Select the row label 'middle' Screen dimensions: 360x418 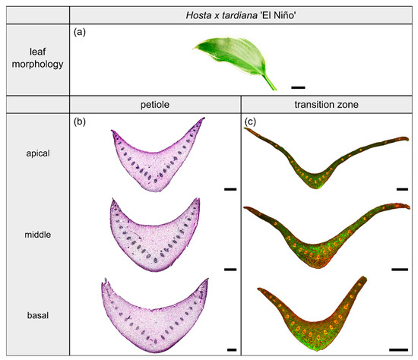(36, 235)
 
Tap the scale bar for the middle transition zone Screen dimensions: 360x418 (398, 269)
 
